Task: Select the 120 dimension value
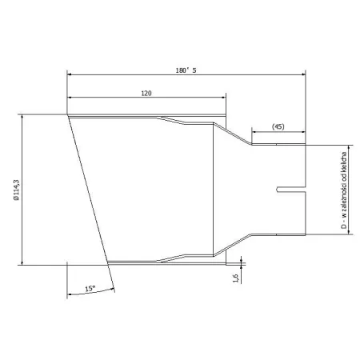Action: tap(146, 94)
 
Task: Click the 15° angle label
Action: tap(90, 287)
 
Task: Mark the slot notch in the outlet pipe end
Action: tap(291, 190)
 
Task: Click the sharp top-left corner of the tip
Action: tap(68, 115)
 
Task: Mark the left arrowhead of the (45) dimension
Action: tap(255, 134)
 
